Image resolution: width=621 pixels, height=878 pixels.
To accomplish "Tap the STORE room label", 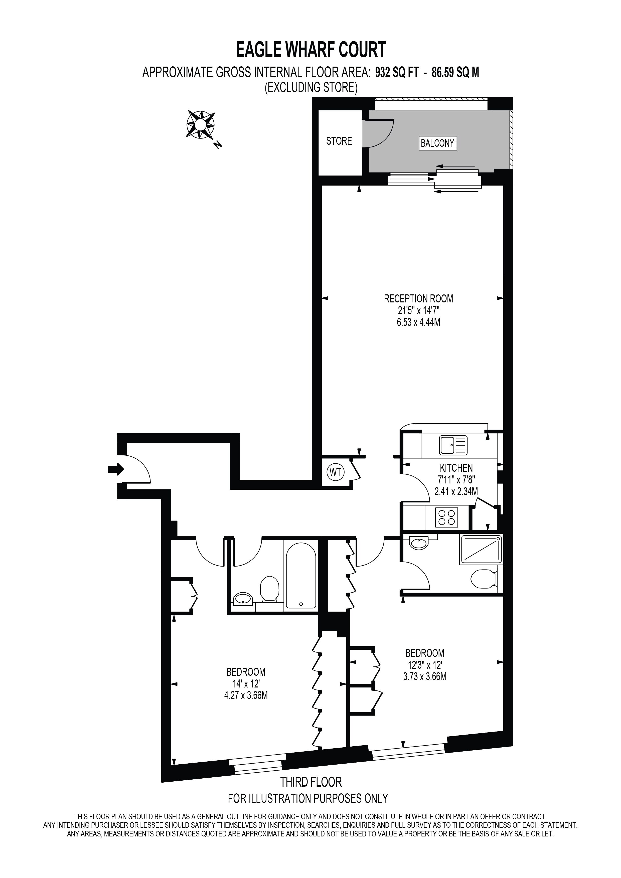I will [x=339, y=141].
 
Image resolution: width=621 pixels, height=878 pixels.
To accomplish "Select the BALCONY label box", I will [x=437, y=143].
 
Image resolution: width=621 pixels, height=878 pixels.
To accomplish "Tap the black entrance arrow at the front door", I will [x=115, y=469].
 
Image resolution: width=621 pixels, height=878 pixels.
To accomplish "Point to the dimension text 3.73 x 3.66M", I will [x=424, y=676].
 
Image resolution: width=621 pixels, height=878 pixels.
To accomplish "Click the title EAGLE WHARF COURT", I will [x=310, y=50].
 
